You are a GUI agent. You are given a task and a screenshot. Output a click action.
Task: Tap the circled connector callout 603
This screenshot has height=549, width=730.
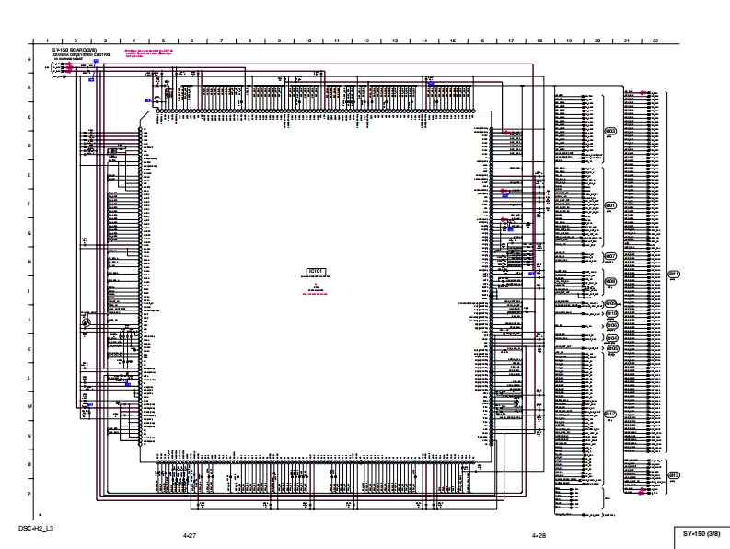tap(609, 131)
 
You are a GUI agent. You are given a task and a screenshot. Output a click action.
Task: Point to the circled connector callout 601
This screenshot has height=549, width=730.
tap(609, 204)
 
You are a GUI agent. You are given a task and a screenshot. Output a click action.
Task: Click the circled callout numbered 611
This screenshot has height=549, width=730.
tap(673, 274)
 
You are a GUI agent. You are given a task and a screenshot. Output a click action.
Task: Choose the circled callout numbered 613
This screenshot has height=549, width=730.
tap(609, 415)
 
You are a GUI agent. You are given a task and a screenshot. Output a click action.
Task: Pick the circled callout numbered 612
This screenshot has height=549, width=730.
tap(673, 475)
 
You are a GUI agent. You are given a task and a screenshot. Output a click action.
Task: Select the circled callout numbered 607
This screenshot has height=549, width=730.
tap(609, 256)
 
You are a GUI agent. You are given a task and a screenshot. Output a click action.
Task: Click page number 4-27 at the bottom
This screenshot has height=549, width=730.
tap(191, 534)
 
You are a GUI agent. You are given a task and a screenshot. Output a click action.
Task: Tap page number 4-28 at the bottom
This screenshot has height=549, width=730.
tap(539, 534)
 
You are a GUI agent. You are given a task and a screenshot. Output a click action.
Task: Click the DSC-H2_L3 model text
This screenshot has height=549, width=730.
tap(36, 528)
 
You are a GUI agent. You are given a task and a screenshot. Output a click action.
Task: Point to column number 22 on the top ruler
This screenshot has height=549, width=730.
tap(655, 41)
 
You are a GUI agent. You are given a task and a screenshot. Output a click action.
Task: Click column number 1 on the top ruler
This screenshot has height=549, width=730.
tap(47, 41)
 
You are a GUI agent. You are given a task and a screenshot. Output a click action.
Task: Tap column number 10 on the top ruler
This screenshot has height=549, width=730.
tap(308, 41)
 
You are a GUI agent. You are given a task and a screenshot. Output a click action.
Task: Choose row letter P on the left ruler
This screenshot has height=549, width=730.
tap(29, 494)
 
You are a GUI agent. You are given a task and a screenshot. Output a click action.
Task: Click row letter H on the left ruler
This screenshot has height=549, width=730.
tap(29, 263)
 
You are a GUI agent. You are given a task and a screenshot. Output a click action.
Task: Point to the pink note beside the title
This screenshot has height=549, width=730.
tap(155, 53)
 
